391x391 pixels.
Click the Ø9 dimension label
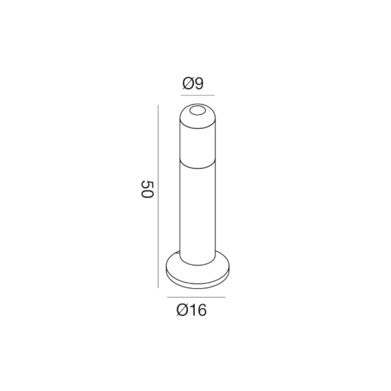point(193,84)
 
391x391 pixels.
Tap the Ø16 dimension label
point(192,310)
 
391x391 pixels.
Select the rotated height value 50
point(147,189)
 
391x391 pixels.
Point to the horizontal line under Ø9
point(197,95)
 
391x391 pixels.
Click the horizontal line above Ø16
point(196,297)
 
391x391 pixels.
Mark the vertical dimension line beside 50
point(158,196)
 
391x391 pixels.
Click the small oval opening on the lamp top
point(197,111)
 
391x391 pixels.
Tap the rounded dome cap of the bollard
point(197,116)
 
